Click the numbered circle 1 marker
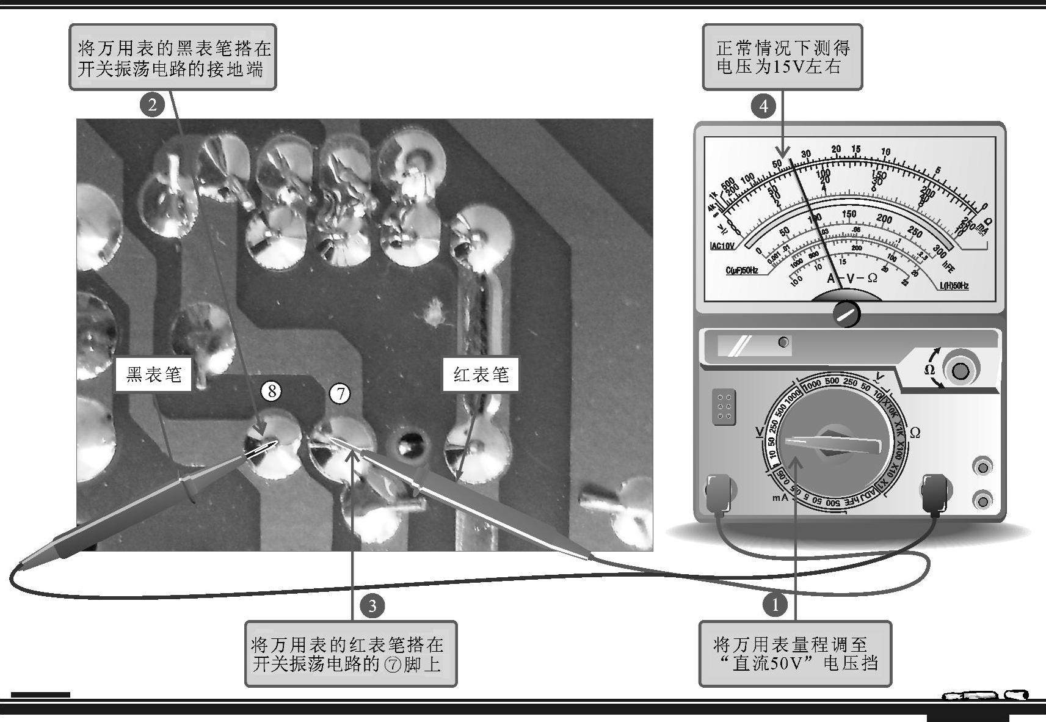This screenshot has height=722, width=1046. (775, 605)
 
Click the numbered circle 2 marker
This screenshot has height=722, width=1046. (152, 104)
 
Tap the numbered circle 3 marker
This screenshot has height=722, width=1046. (372, 606)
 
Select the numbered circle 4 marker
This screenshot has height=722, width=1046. (763, 106)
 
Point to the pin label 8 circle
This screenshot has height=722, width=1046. (272, 390)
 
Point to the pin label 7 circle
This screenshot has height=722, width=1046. (340, 394)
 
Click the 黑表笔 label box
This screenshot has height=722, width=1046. (153, 374)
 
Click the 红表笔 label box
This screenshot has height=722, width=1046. (481, 374)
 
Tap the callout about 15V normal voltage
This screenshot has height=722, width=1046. (782, 57)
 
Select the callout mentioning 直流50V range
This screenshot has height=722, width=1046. (795, 653)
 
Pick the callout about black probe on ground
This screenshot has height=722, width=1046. (173, 57)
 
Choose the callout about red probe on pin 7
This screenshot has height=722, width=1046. (350, 653)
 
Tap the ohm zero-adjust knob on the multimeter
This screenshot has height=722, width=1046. (959, 370)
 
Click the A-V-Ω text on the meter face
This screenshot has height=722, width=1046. (852, 278)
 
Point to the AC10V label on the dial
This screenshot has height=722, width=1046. (722, 246)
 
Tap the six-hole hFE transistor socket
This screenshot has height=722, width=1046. (724, 406)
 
